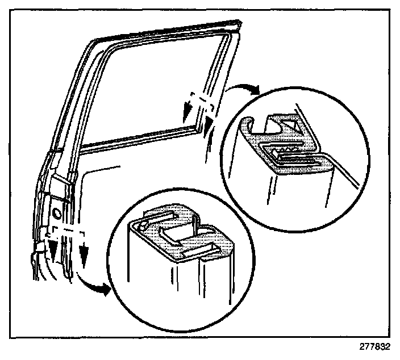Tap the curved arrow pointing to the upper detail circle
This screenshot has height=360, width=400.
click(243, 87)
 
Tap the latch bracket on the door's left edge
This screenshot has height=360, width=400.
click(38, 245)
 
